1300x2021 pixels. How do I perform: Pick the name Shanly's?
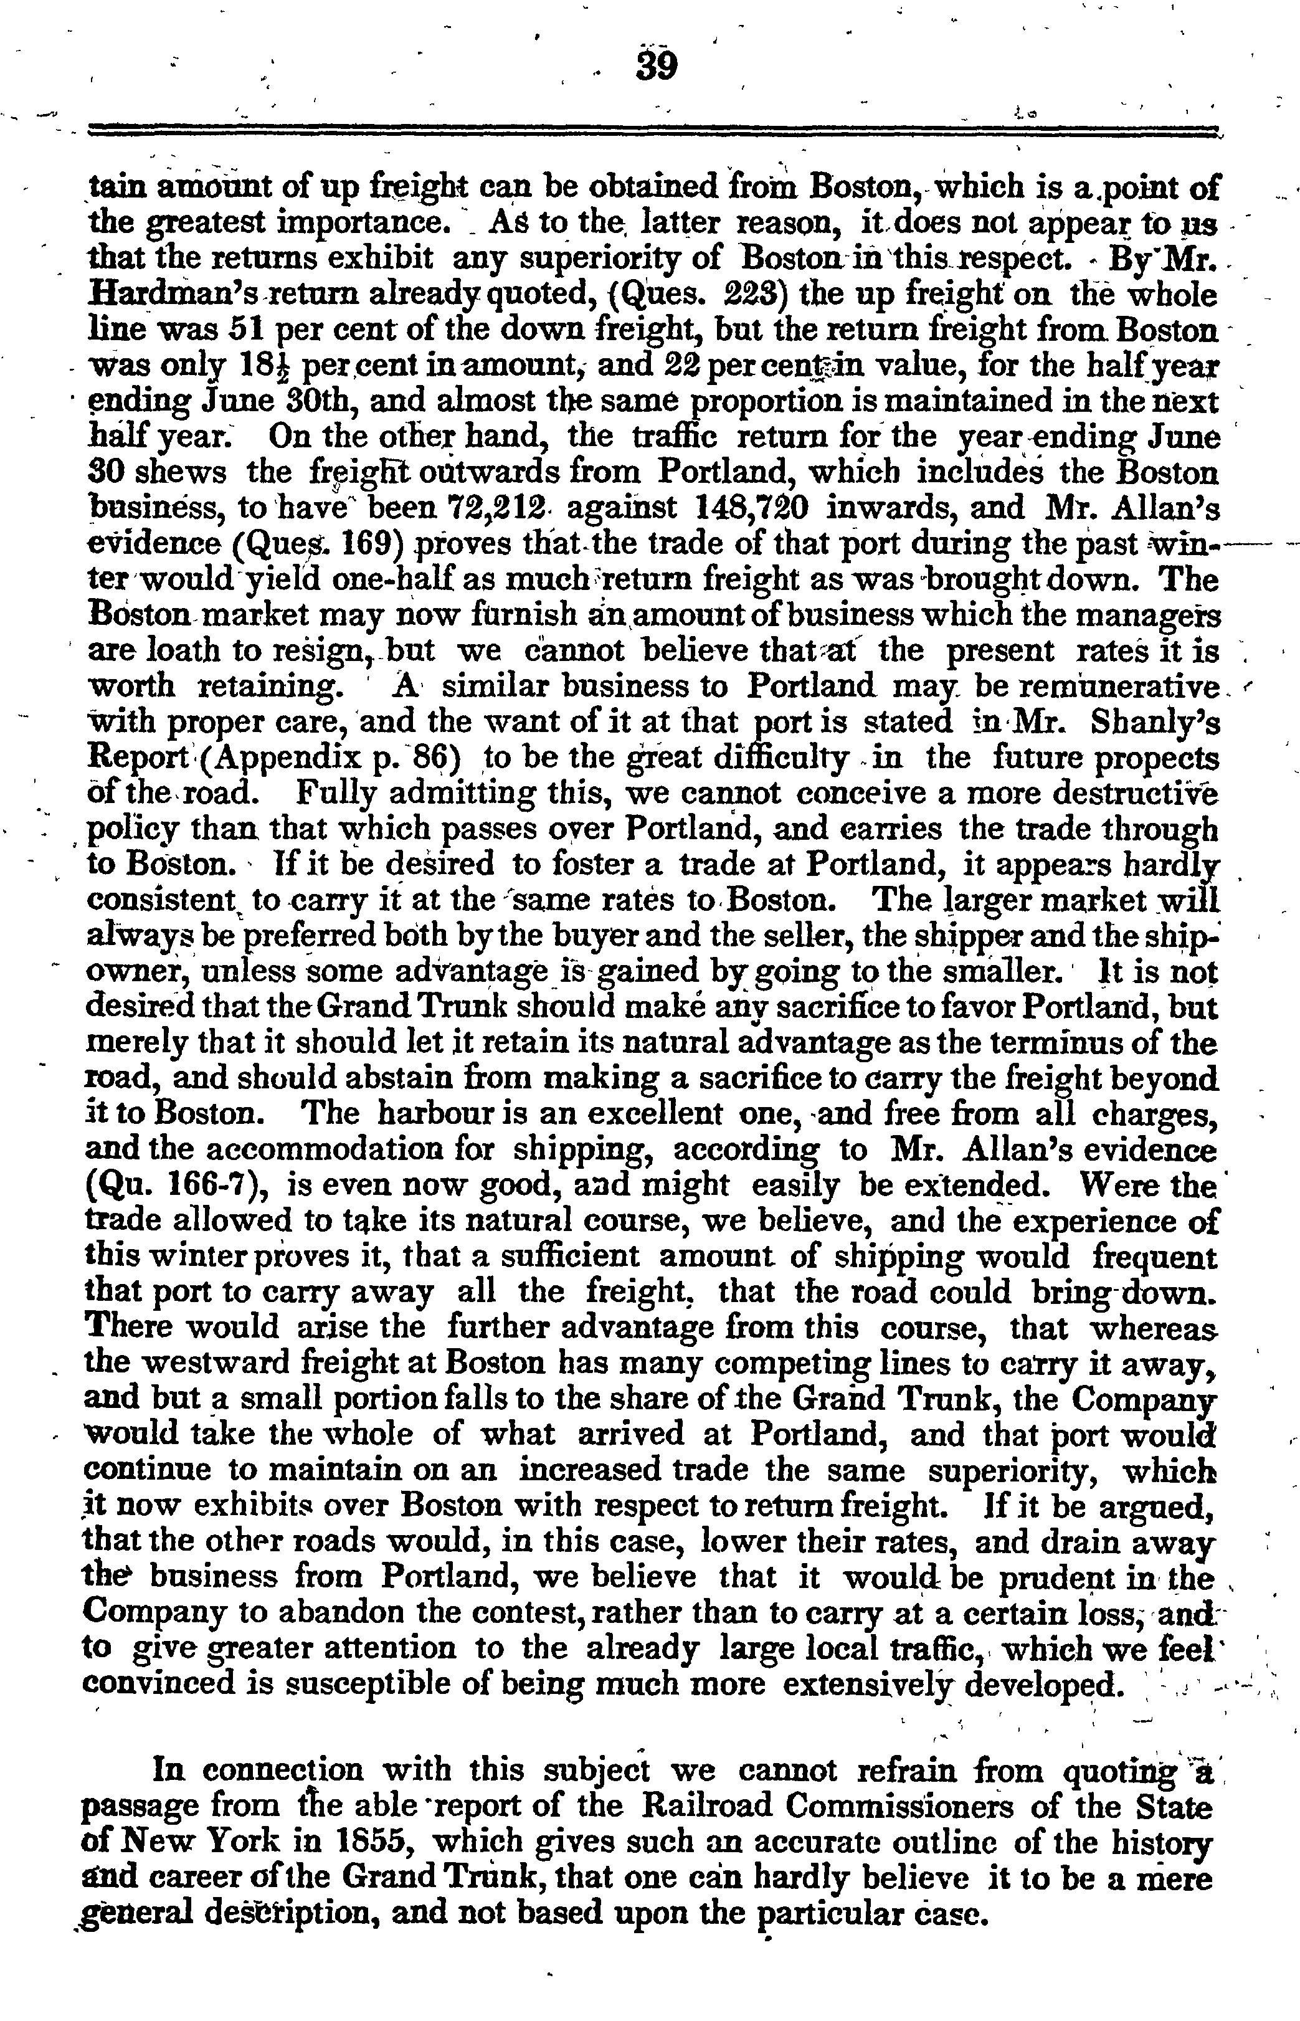tap(1154, 723)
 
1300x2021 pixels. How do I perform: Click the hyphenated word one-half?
tap(375, 580)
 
